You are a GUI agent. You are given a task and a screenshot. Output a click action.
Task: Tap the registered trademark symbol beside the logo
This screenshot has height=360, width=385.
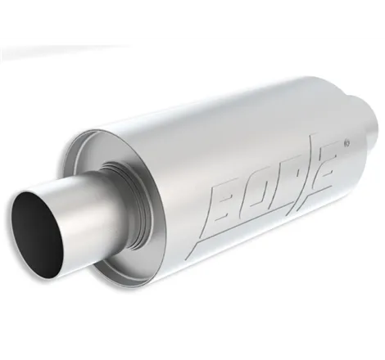347,142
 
